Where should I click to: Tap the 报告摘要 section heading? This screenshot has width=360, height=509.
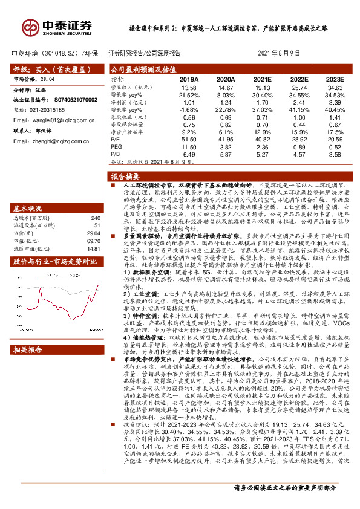(126, 176)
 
